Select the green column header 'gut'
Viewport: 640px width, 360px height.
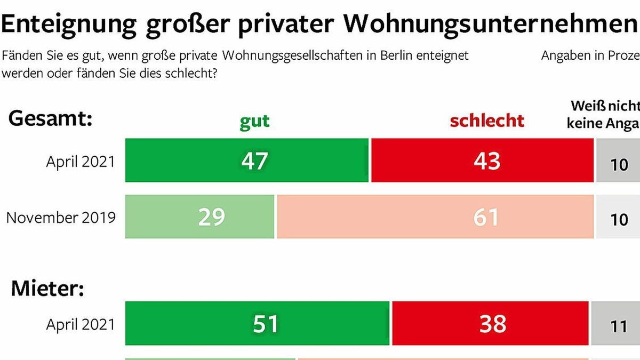pos(254,122)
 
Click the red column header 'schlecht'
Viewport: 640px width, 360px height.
pos(486,121)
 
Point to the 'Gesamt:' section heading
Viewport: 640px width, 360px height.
pos(51,119)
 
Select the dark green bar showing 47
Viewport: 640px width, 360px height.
pos(247,161)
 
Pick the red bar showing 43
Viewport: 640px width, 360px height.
pos(482,161)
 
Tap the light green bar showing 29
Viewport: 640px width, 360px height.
pos(200,217)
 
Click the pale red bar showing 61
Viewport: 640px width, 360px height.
pos(435,217)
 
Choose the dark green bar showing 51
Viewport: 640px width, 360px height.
pos(258,323)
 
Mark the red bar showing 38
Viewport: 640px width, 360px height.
pos(490,323)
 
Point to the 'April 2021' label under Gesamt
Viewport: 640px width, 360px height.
pos(81,162)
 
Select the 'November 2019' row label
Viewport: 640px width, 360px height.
pos(61,218)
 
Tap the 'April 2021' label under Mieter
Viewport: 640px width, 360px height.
pos(81,324)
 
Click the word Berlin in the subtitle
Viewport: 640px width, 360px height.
pos(395,55)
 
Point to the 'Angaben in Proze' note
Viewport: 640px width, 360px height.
pos(590,55)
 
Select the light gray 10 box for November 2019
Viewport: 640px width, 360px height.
pos(618,217)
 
